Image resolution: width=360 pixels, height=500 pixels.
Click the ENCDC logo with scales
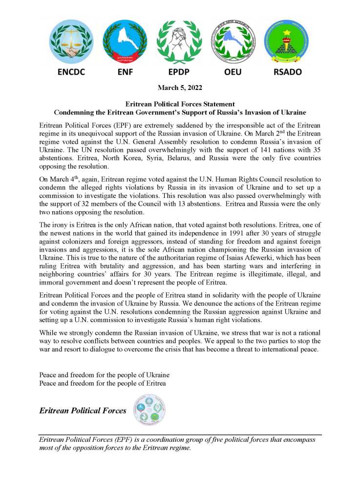pos(71,43)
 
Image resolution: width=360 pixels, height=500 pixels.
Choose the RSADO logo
pos(287,43)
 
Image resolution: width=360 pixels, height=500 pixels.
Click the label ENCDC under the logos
pos(71,71)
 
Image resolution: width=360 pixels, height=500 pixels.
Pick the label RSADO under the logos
pos(287,71)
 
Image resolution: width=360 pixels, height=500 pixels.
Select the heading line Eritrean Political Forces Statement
pos(180,104)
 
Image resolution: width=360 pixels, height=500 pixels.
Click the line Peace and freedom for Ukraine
pos(104,375)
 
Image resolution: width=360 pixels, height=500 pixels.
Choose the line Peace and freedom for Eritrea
pos(103,383)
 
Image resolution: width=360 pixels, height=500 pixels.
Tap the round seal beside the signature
pos(149,410)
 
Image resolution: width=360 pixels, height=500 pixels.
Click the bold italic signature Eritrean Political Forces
pos(83,411)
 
